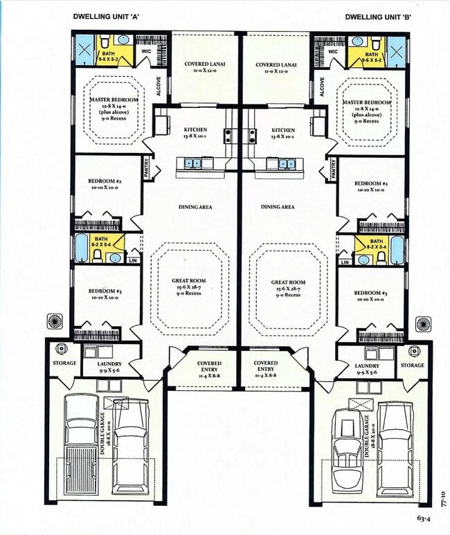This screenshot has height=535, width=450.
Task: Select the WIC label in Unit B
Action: coord(332,51)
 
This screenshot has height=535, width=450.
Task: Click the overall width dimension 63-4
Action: coord(425,516)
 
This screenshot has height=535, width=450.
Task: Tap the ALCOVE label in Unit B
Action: coord(321,88)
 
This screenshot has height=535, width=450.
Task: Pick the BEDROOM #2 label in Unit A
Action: coord(105,185)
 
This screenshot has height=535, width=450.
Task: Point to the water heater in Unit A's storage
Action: coord(61,350)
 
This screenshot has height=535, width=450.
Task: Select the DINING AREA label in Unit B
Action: coord(278,207)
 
